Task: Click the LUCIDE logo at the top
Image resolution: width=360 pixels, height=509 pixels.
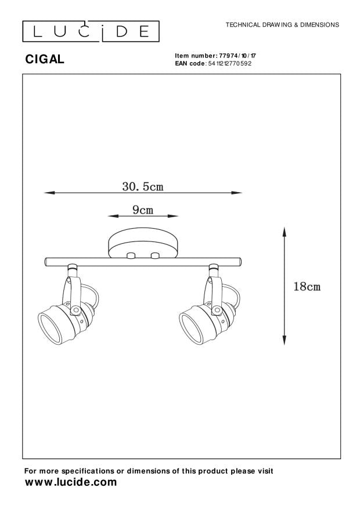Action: coord(91,31)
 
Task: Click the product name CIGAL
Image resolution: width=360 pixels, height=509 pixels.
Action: coord(45,59)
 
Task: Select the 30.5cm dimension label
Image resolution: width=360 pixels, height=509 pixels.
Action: coord(143,186)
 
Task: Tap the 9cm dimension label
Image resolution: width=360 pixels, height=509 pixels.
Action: coord(143,210)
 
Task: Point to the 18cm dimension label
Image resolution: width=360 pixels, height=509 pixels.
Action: coord(307,287)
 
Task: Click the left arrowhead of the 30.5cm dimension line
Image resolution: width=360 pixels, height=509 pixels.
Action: coord(49,193)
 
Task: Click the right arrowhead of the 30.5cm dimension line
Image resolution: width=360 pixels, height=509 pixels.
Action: coord(237,193)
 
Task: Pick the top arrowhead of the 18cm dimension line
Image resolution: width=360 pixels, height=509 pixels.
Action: coord(285,232)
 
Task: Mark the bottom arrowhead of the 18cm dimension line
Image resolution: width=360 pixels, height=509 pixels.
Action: coord(285,340)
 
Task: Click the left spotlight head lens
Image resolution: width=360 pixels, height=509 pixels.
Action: coord(49,327)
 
